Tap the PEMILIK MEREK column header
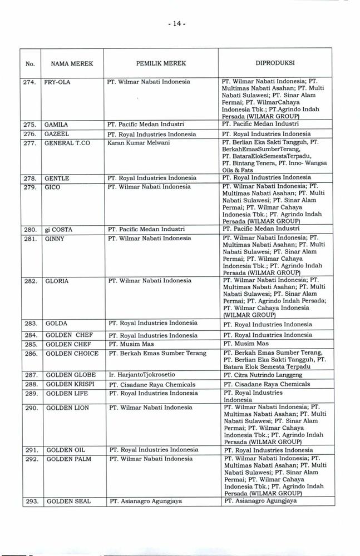click(x=161, y=64)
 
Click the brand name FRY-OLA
click(x=58, y=82)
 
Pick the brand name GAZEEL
click(x=58, y=134)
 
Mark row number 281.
click(x=31, y=238)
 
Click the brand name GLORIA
click(x=57, y=281)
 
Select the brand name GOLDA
click(x=56, y=323)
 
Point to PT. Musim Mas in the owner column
click(x=131, y=344)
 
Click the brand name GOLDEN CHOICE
click(x=72, y=353)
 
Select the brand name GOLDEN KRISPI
click(x=70, y=384)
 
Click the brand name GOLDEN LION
click(x=67, y=408)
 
